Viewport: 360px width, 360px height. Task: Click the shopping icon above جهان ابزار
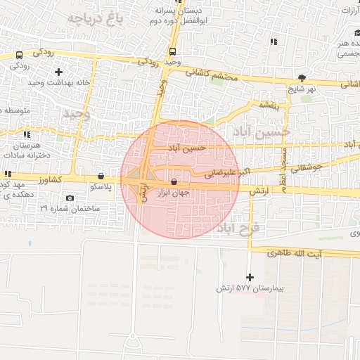point(174,181)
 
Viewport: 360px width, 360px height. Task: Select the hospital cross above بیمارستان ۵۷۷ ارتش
point(250,277)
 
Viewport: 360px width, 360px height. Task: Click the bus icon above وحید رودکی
point(172,51)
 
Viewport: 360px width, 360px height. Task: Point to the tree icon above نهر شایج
point(302,78)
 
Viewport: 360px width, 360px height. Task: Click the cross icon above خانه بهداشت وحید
point(58,71)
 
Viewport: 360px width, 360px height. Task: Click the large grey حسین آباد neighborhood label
point(262,129)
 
